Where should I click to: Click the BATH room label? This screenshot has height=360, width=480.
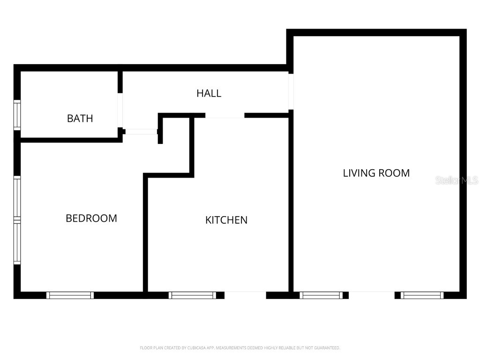80,118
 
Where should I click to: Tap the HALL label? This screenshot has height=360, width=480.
209,93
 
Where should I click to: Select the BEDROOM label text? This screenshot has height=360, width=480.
91,218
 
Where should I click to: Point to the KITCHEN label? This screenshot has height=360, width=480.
226,220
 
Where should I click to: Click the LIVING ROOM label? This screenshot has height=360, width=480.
376,173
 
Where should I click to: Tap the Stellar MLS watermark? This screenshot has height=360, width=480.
457,180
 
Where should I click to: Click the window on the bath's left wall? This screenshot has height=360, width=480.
17,115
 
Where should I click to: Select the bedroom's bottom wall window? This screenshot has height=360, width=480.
70,295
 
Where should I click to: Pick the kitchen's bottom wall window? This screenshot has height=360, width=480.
192,295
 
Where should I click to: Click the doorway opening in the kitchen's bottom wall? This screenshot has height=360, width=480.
245,295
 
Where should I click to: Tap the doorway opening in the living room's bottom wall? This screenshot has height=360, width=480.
372,295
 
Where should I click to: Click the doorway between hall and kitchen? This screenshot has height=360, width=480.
225,115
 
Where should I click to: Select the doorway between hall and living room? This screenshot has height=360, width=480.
291,91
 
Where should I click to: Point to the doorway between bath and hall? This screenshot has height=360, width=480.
120,110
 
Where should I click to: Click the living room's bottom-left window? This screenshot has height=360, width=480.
321,295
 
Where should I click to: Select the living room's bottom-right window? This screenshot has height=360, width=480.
422,295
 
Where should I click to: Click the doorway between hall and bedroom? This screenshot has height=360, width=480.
142,132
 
